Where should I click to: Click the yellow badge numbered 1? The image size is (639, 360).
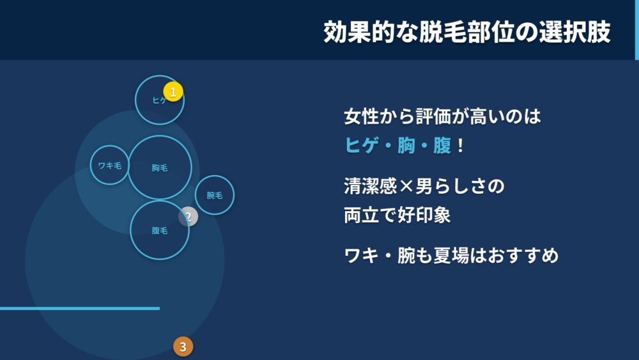(x=173, y=91)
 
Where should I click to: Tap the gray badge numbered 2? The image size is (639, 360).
(x=189, y=217)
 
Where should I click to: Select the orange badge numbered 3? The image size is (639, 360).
(x=183, y=347)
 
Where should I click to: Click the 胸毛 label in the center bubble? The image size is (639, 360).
(x=159, y=168)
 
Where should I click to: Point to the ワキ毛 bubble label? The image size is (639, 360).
(x=110, y=166)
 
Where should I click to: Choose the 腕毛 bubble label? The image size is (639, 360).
(x=214, y=195)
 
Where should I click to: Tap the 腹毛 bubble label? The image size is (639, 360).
(x=159, y=230)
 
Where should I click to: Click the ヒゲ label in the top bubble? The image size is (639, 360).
(x=158, y=100)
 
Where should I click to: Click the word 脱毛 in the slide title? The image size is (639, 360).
(x=443, y=32)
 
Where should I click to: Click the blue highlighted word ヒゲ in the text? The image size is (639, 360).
(x=362, y=145)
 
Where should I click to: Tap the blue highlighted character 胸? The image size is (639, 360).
(x=406, y=145)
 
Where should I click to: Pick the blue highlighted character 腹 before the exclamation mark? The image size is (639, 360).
(x=442, y=145)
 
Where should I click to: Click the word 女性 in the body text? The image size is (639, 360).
(x=362, y=116)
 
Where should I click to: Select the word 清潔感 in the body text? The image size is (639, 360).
(x=371, y=186)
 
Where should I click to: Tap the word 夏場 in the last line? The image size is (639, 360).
(x=450, y=256)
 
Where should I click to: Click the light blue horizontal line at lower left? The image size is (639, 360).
(x=80, y=308)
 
